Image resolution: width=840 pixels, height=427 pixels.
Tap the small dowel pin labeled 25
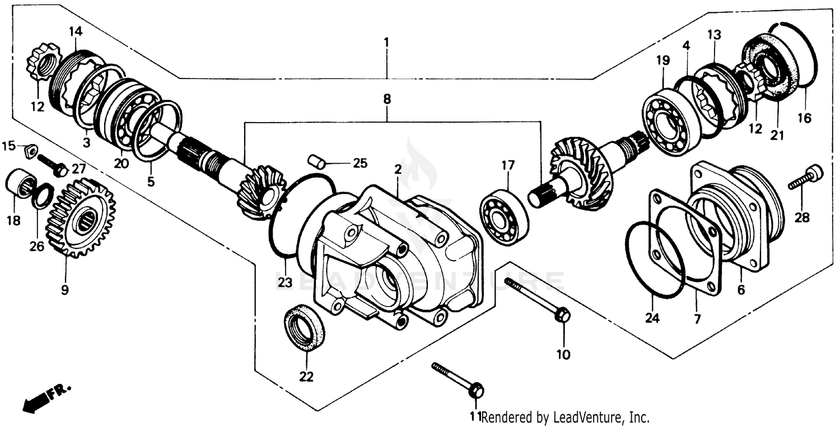tap(317, 161)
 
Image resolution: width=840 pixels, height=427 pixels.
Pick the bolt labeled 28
tap(805, 177)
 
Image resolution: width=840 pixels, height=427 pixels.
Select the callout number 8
tap(386, 100)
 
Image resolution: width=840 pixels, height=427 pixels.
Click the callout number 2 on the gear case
tap(398, 169)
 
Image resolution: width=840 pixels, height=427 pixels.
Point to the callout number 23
tap(285, 283)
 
